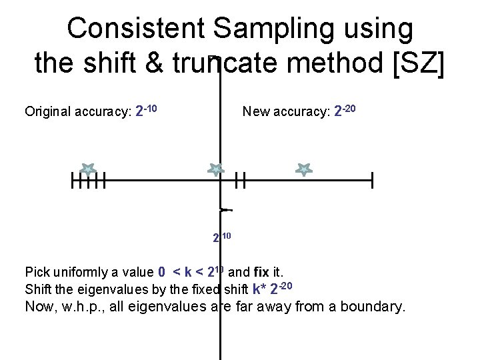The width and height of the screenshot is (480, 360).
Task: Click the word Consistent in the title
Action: coord(136,29)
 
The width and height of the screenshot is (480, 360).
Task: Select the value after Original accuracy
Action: coord(146,110)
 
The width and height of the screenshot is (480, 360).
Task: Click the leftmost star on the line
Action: coord(88,169)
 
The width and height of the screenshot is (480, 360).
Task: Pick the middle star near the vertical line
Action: coord(215,169)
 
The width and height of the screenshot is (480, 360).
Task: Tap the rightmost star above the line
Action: coord(304,169)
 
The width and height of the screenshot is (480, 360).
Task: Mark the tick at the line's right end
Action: coord(372,180)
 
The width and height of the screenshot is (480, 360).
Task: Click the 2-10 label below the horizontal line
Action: coord(221,237)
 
